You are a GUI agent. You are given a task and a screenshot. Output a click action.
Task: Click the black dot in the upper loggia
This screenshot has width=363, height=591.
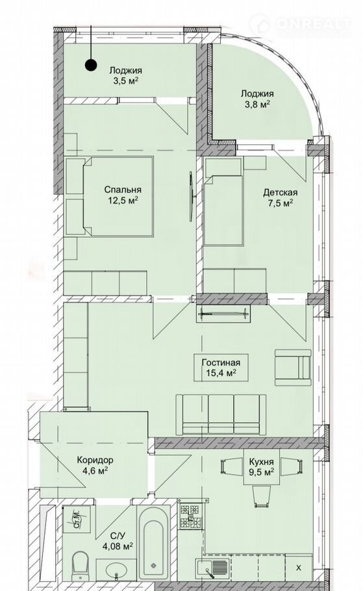(x=90, y=65)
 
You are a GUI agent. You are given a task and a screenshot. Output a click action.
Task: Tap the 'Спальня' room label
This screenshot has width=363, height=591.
(x=123, y=190)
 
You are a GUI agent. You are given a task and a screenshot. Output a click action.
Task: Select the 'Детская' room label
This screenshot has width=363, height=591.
(x=280, y=192)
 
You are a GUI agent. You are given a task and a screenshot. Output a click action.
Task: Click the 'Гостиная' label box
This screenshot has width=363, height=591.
(x=221, y=368)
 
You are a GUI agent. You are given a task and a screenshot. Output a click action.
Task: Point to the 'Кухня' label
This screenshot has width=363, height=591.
(x=261, y=462)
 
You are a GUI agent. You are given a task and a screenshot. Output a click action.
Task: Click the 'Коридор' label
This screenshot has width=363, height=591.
(x=95, y=460)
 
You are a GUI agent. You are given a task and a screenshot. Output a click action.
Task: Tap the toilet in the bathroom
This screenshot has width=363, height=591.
(x=80, y=566)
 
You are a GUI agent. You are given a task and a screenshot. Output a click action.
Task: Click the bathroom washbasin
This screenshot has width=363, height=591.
(x=116, y=569)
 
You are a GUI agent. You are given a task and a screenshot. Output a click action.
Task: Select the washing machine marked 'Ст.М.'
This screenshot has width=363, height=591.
(x=77, y=519)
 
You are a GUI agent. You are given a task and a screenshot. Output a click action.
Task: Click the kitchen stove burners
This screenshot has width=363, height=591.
(x=190, y=515)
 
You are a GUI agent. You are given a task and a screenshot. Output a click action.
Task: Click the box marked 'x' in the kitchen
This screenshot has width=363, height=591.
(x=299, y=568)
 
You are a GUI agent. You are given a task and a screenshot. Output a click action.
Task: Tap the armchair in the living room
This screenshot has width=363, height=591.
(x=293, y=368)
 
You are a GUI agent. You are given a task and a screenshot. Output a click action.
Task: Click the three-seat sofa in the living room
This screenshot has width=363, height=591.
(x=221, y=414)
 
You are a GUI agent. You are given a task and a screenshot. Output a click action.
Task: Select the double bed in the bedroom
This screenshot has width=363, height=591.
(x=109, y=197)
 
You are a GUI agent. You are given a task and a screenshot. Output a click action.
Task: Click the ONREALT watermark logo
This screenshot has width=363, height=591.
(x=300, y=25)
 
